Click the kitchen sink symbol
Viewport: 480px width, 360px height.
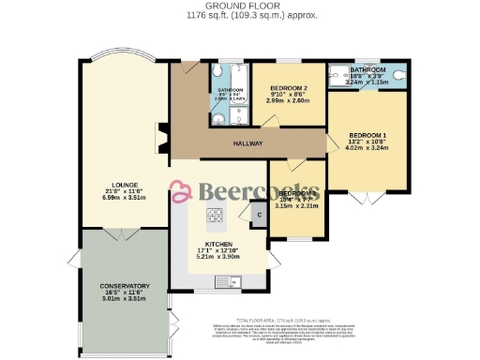click(227, 281)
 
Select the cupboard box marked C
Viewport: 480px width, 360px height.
click(258, 215)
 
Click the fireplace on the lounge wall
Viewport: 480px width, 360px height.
click(160, 138)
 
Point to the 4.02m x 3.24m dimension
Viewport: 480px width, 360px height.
click(367, 148)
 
